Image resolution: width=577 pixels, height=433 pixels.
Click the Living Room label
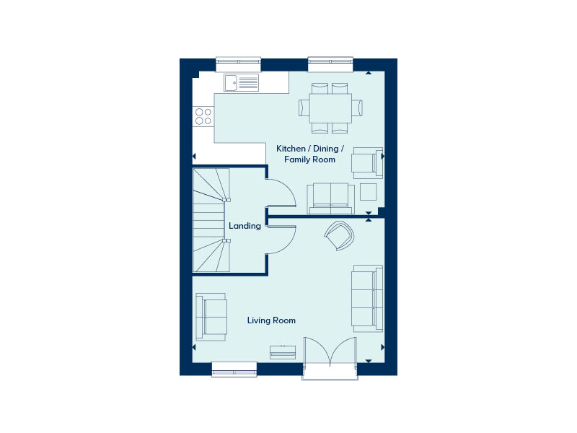[x=271, y=320]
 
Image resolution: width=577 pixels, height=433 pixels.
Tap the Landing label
[x=245, y=226]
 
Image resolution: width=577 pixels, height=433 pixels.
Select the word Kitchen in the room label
[x=291, y=149]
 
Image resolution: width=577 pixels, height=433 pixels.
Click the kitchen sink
[x=242, y=82]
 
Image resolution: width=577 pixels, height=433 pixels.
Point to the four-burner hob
[x=203, y=116]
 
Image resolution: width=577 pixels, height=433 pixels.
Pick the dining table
[x=330, y=108]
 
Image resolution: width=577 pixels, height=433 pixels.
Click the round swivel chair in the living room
[x=339, y=235]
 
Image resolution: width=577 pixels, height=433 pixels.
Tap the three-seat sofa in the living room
[x=367, y=299]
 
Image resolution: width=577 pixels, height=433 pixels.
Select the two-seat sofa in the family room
[x=331, y=198]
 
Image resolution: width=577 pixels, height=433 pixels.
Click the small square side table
[x=369, y=192]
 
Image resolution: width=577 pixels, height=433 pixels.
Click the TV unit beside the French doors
[x=283, y=352]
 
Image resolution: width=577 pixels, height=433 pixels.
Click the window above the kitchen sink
[x=238, y=64]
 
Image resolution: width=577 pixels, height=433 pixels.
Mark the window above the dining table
[x=330, y=64]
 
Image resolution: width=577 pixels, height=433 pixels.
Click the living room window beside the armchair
[x=234, y=369]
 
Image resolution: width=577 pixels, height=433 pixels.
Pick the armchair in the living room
[x=211, y=317]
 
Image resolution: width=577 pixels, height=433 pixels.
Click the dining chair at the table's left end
[x=304, y=108]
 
